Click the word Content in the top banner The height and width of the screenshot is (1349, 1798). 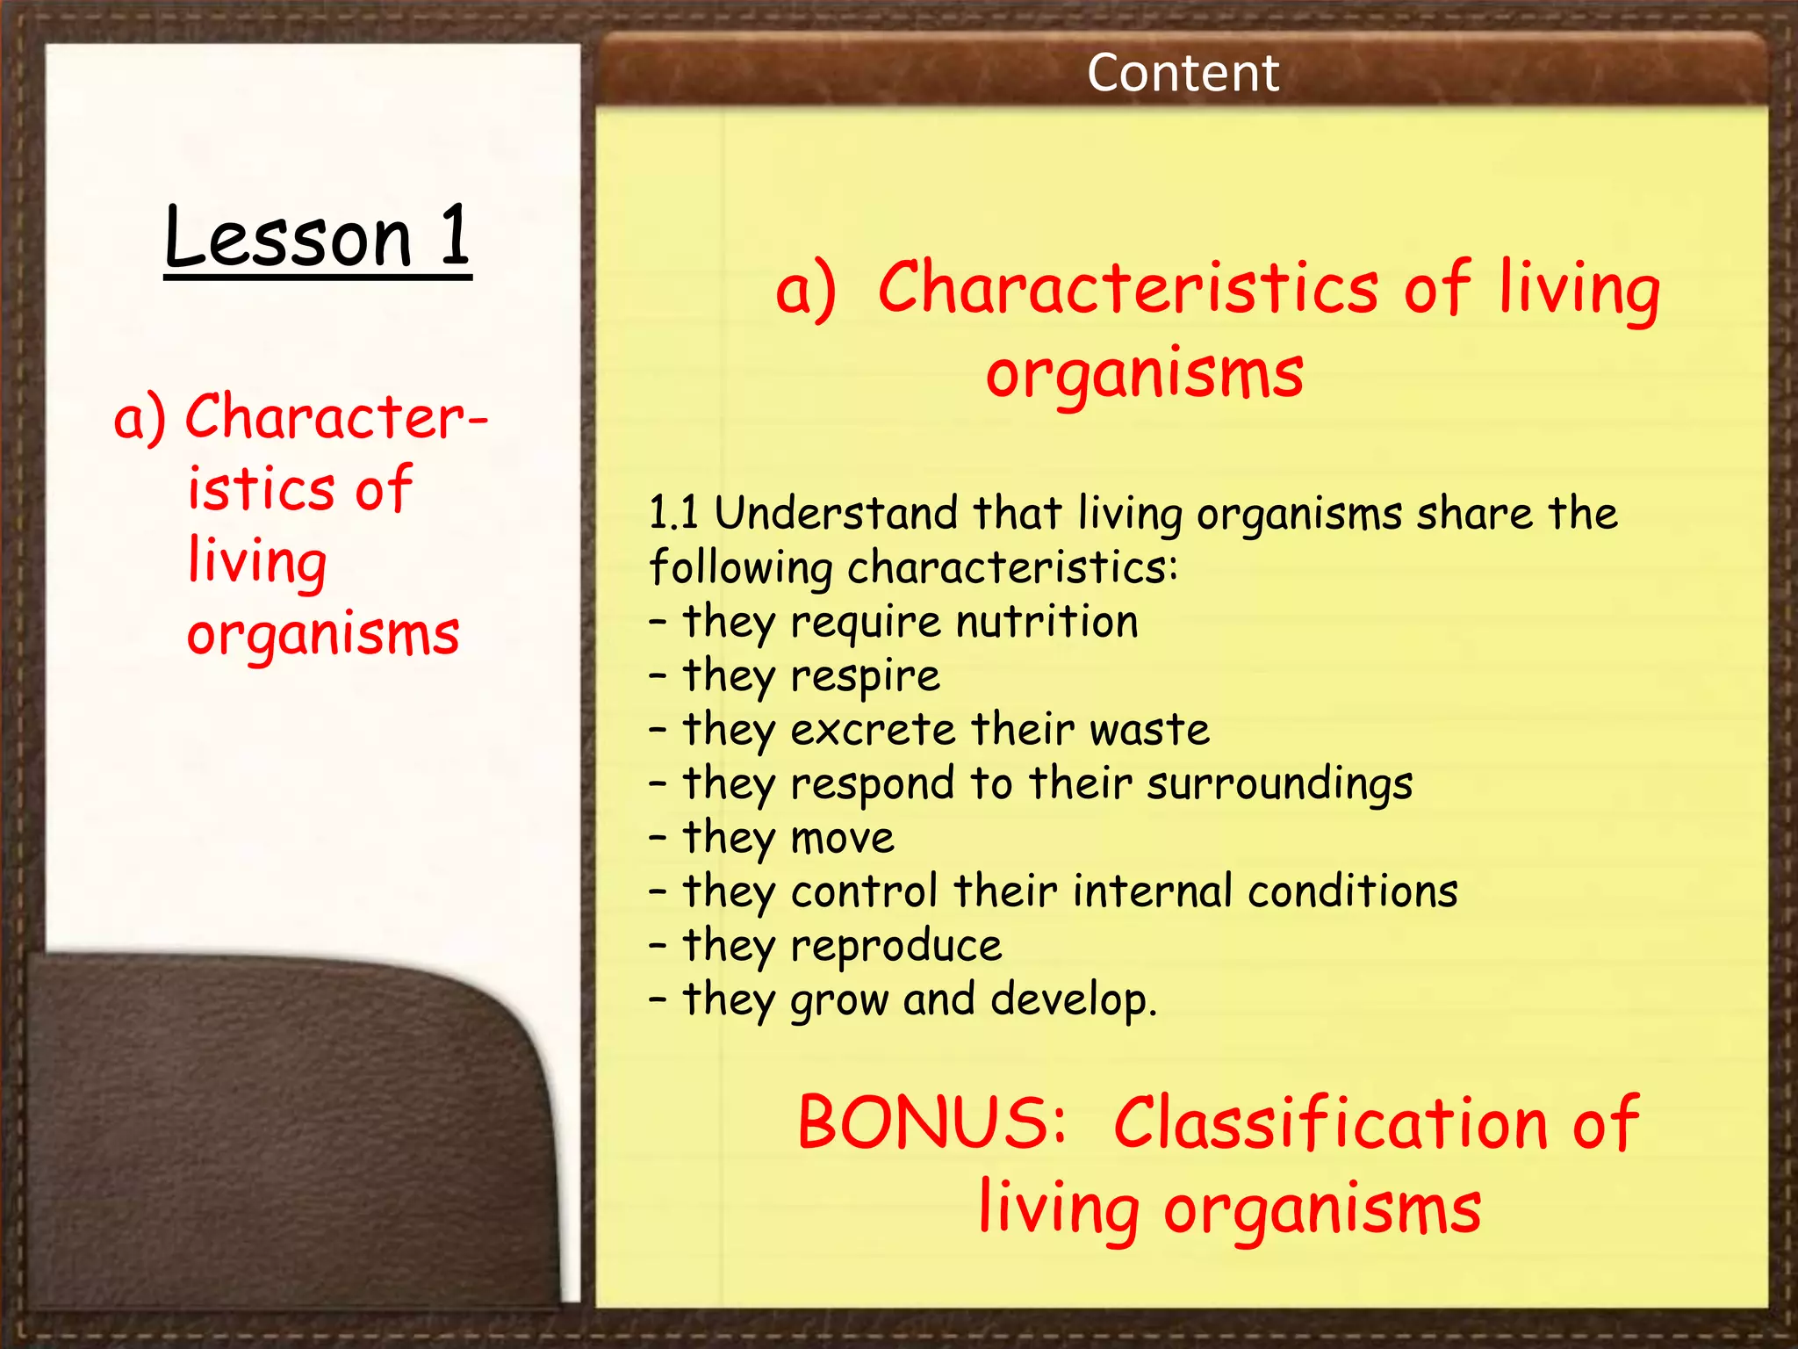point(1182,73)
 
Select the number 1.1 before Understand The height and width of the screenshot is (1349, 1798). point(673,513)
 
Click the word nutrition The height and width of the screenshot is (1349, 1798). point(1046,622)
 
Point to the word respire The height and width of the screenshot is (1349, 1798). point(865,677)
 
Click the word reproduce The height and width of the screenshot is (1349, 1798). point(895,947)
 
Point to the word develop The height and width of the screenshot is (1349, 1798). point(1073,1000)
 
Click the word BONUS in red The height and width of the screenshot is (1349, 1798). point(931,1123)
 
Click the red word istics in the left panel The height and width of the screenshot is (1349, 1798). point(261,489)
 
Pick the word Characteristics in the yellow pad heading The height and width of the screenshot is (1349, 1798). point(1128,288)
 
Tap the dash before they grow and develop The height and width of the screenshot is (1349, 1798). point(658,999)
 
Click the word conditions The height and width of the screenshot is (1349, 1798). point(1352,891)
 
